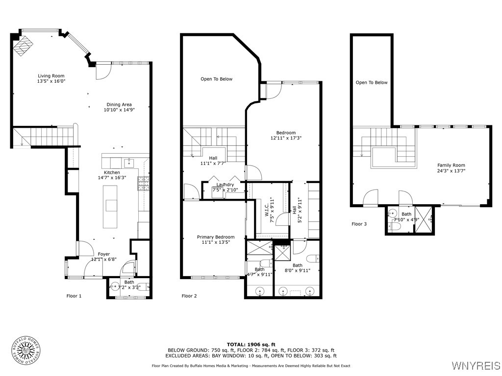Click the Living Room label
51,76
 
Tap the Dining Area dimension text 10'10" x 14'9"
119,110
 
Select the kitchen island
110,207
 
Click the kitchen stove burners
144,183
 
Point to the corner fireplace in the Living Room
23,46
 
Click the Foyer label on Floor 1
104,254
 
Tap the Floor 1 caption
74,296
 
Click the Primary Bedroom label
216,237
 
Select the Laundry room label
225,185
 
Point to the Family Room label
451,165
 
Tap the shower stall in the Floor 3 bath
424,219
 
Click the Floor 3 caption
359,224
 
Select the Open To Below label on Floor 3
372,82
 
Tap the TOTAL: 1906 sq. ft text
251,344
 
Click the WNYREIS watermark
476,365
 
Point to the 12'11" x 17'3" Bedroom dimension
286,138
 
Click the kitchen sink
129,163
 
